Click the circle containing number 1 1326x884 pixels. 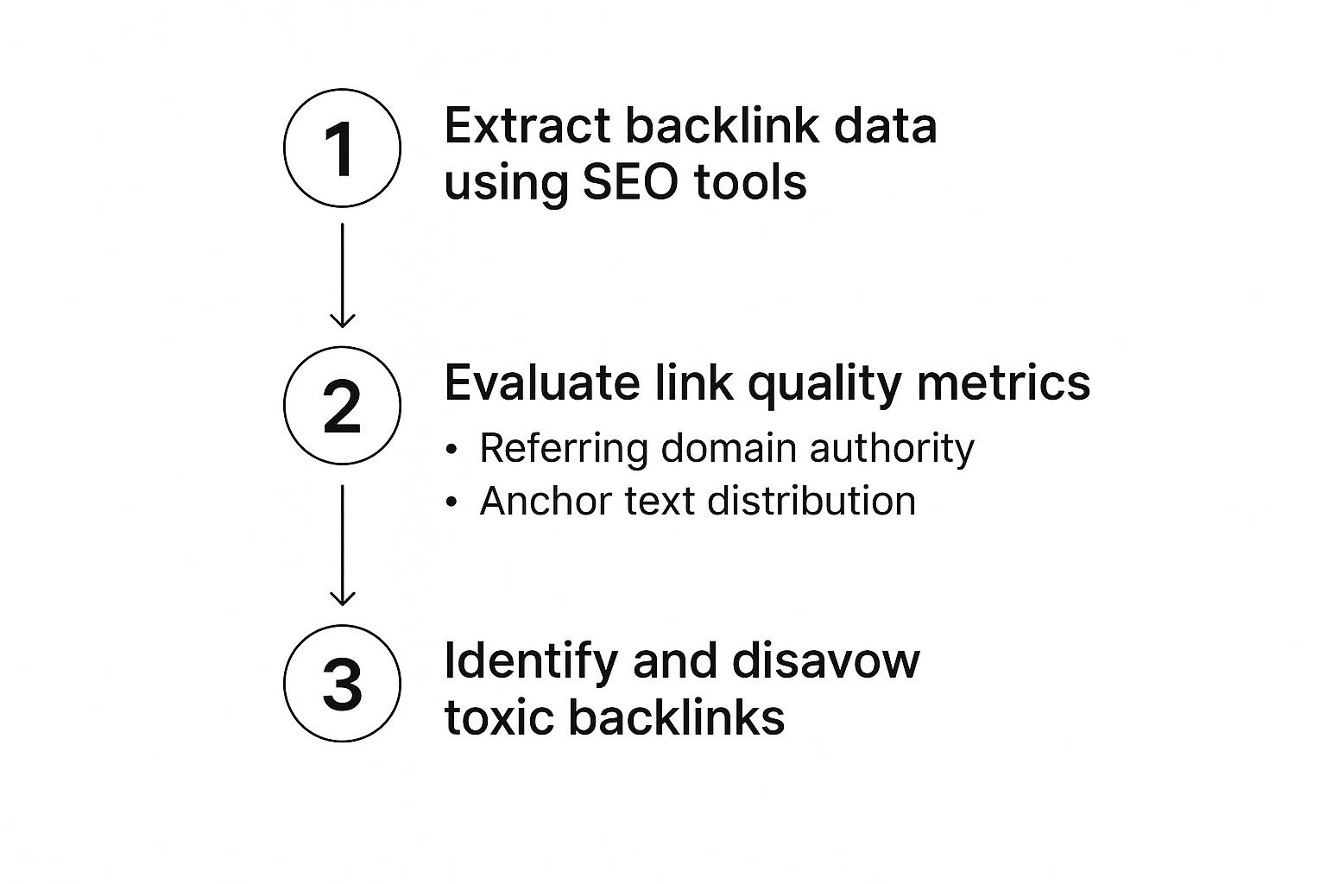coord(342,148)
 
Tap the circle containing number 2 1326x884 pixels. coord(342,406)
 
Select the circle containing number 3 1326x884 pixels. coord(342,683)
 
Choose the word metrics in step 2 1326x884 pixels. coord(1004,382)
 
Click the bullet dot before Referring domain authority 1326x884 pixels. coord(451,450)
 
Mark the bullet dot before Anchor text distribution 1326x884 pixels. coord(451,502)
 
